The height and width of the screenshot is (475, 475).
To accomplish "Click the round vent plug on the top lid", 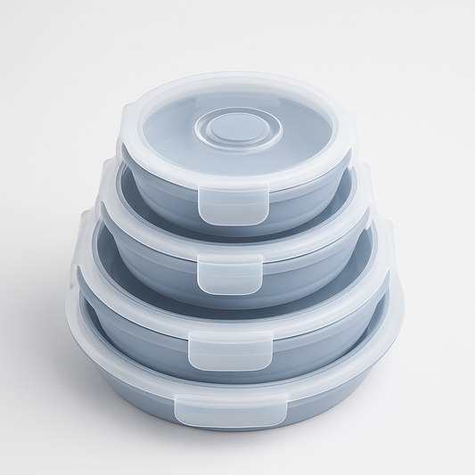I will (237, 128).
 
